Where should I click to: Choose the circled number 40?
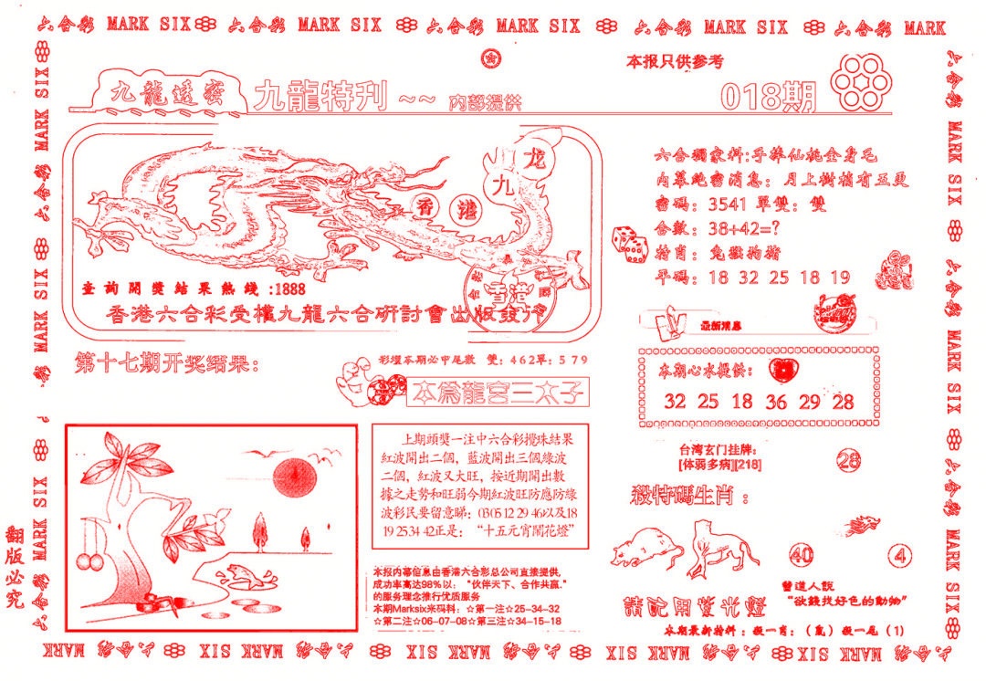pos(802,555)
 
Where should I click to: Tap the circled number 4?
pos(902,555)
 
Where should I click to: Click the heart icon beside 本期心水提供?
pos(782,370)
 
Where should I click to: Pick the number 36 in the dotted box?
pos(777,402)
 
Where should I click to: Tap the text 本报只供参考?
pos(674,62)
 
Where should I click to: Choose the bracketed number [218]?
pos(748,466)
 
